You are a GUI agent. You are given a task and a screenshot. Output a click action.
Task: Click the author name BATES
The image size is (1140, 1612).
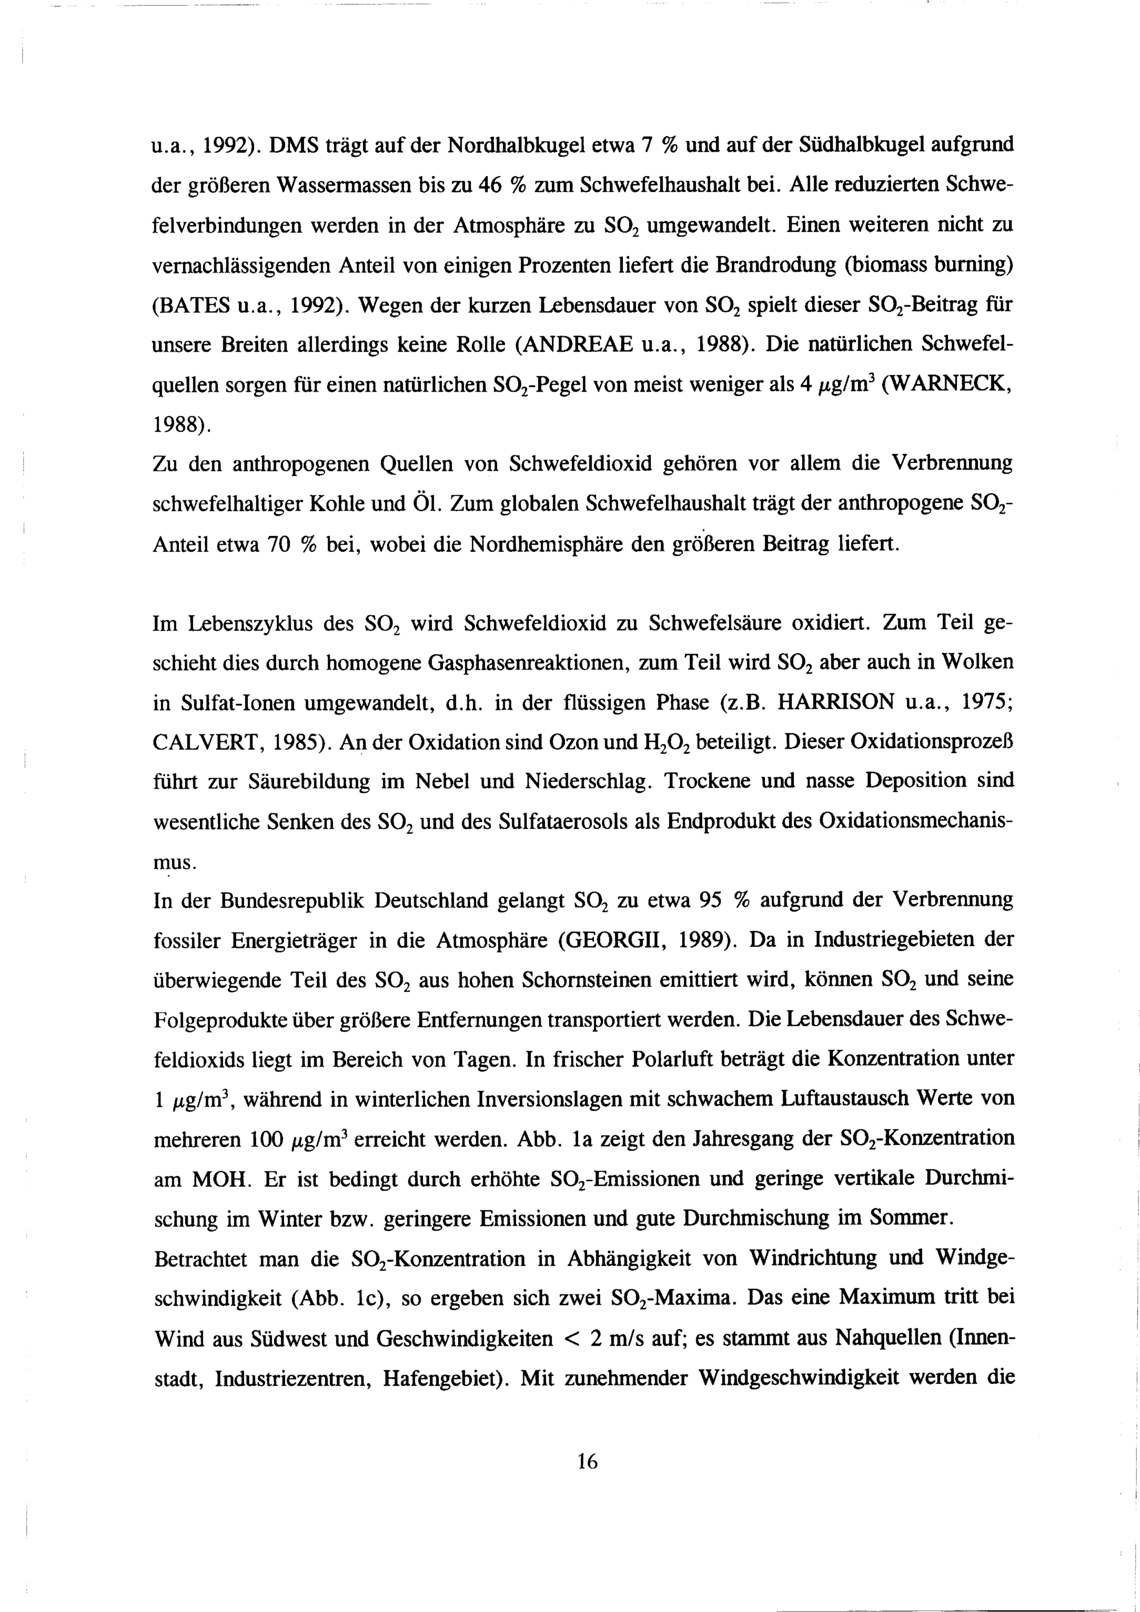tap(197, 306)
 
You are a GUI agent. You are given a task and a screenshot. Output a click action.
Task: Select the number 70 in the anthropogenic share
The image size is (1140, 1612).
tap(272, 544)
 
